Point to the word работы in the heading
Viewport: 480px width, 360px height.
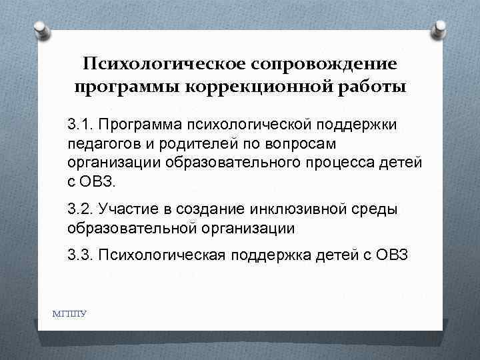[373, 87]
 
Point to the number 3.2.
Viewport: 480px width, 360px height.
[81, 209]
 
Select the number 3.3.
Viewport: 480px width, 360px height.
[81, 255]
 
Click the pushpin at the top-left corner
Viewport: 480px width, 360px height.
[39, 28]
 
